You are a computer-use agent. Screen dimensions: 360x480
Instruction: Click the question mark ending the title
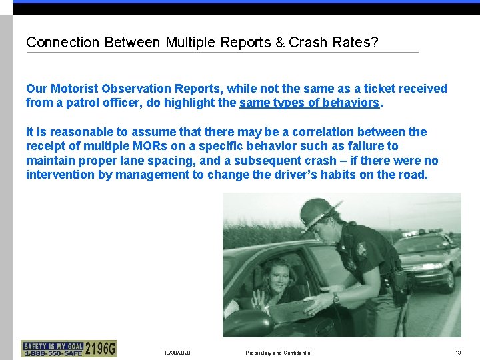tap(374, 43)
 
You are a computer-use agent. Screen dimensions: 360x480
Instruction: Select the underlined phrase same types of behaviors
tap(309, 103)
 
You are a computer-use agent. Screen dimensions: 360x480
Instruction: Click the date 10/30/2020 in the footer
tap(177, 353)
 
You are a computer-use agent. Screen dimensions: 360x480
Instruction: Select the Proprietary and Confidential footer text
tap(278, 353)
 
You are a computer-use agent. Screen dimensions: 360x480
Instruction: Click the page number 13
tap(458, 353)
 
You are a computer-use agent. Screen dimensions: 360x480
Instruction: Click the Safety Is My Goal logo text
tap(53, 345)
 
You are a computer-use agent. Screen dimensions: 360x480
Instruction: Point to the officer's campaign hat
tap(321, 212)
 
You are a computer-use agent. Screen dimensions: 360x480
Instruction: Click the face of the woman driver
tap(274, 273)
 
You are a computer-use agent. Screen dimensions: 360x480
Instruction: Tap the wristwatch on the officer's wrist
tap(336, 298)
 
